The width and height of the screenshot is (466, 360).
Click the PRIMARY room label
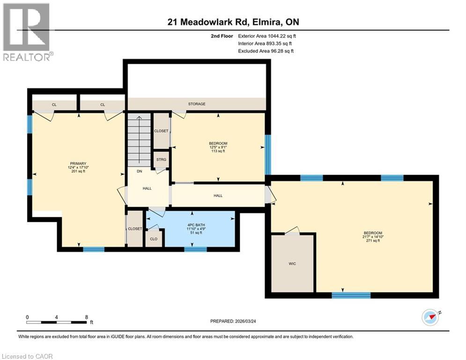(x=78, y=164)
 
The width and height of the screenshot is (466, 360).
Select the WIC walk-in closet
(x=292, y=263)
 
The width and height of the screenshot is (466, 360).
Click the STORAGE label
(x=197, y=104)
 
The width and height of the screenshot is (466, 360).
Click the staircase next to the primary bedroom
(x=140, y=138)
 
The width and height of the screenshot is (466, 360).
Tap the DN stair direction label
(x=139, y=172)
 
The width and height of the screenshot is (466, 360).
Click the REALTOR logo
(x=27, y=32)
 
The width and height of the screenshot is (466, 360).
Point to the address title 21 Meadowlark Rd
(x=233, y=22)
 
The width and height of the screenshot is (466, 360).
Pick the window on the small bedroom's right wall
(x=268, y=148)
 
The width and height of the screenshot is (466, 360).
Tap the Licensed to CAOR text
(x=27, y=356)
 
